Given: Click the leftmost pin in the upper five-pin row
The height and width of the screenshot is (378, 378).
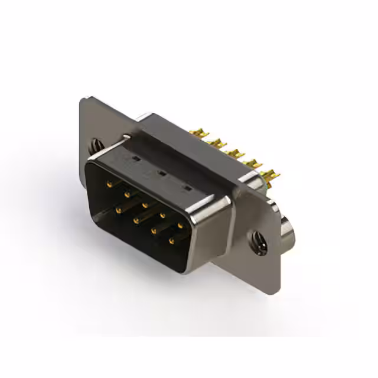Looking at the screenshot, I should [109, 184].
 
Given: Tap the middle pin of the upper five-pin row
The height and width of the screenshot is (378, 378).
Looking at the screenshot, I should [145, 204].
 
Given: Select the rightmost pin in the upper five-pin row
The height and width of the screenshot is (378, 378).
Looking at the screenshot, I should [180, 225].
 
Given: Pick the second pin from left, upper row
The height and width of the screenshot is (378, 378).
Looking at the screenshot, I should [126, 194].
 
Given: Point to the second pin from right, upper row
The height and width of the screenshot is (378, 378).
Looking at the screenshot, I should [162, 215].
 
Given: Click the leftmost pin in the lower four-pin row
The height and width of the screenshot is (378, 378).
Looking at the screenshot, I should [118, 209].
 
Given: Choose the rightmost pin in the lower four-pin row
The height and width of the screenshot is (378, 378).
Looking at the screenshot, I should [171, 240].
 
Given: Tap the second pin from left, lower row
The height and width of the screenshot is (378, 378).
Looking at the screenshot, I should [136, 220].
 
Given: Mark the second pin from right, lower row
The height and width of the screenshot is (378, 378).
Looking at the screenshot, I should [154, 230].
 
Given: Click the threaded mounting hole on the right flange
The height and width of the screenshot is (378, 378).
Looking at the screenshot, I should [258, 240].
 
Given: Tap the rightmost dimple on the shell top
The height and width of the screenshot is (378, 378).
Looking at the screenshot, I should [188, 188].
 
